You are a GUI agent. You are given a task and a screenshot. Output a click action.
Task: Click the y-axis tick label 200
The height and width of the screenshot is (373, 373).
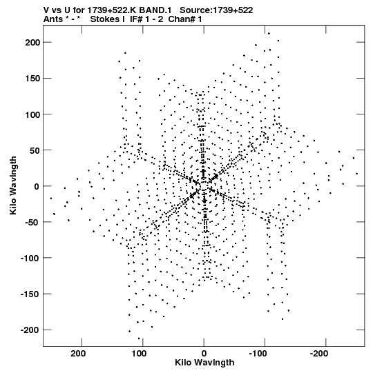32,43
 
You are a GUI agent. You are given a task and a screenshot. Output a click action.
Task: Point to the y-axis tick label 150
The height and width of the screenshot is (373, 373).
32,79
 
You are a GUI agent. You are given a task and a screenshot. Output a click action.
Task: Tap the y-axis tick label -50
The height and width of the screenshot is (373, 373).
32,223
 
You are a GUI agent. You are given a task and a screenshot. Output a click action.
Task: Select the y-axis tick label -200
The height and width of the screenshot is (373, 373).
29,330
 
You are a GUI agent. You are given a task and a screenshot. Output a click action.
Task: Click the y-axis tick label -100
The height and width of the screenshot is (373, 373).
29,259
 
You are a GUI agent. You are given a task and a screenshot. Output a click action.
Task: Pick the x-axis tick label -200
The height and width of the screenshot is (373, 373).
319,354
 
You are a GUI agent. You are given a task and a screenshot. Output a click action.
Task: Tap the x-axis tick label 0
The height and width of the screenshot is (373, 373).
204,354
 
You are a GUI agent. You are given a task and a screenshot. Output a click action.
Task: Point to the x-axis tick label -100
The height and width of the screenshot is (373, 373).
258,354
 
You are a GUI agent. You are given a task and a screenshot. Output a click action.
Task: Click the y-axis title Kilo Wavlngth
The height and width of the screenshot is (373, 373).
13,185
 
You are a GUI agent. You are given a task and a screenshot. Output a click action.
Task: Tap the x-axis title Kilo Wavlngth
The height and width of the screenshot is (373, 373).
204,363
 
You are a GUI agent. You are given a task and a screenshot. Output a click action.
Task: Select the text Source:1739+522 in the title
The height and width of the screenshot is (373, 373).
216,10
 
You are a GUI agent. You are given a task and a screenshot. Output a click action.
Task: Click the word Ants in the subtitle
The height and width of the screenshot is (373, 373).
53,19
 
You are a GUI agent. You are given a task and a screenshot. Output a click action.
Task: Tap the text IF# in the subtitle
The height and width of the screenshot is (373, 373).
136,19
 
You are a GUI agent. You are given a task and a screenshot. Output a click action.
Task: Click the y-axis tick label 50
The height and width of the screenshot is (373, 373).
35,150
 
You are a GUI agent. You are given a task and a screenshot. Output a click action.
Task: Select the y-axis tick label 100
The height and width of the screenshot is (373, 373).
32,114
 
